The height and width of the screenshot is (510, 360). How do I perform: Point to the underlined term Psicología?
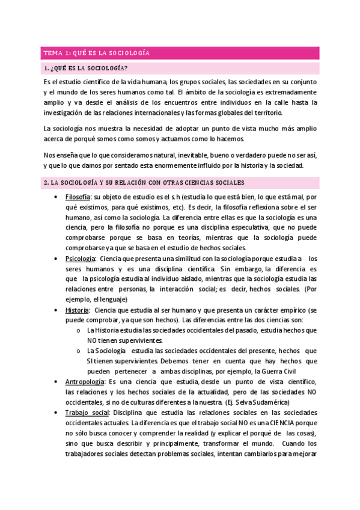(79, 259)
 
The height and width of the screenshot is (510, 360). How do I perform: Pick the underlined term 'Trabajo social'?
(87, 413)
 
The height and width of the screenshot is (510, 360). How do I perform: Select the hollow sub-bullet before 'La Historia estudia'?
(80, 331)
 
